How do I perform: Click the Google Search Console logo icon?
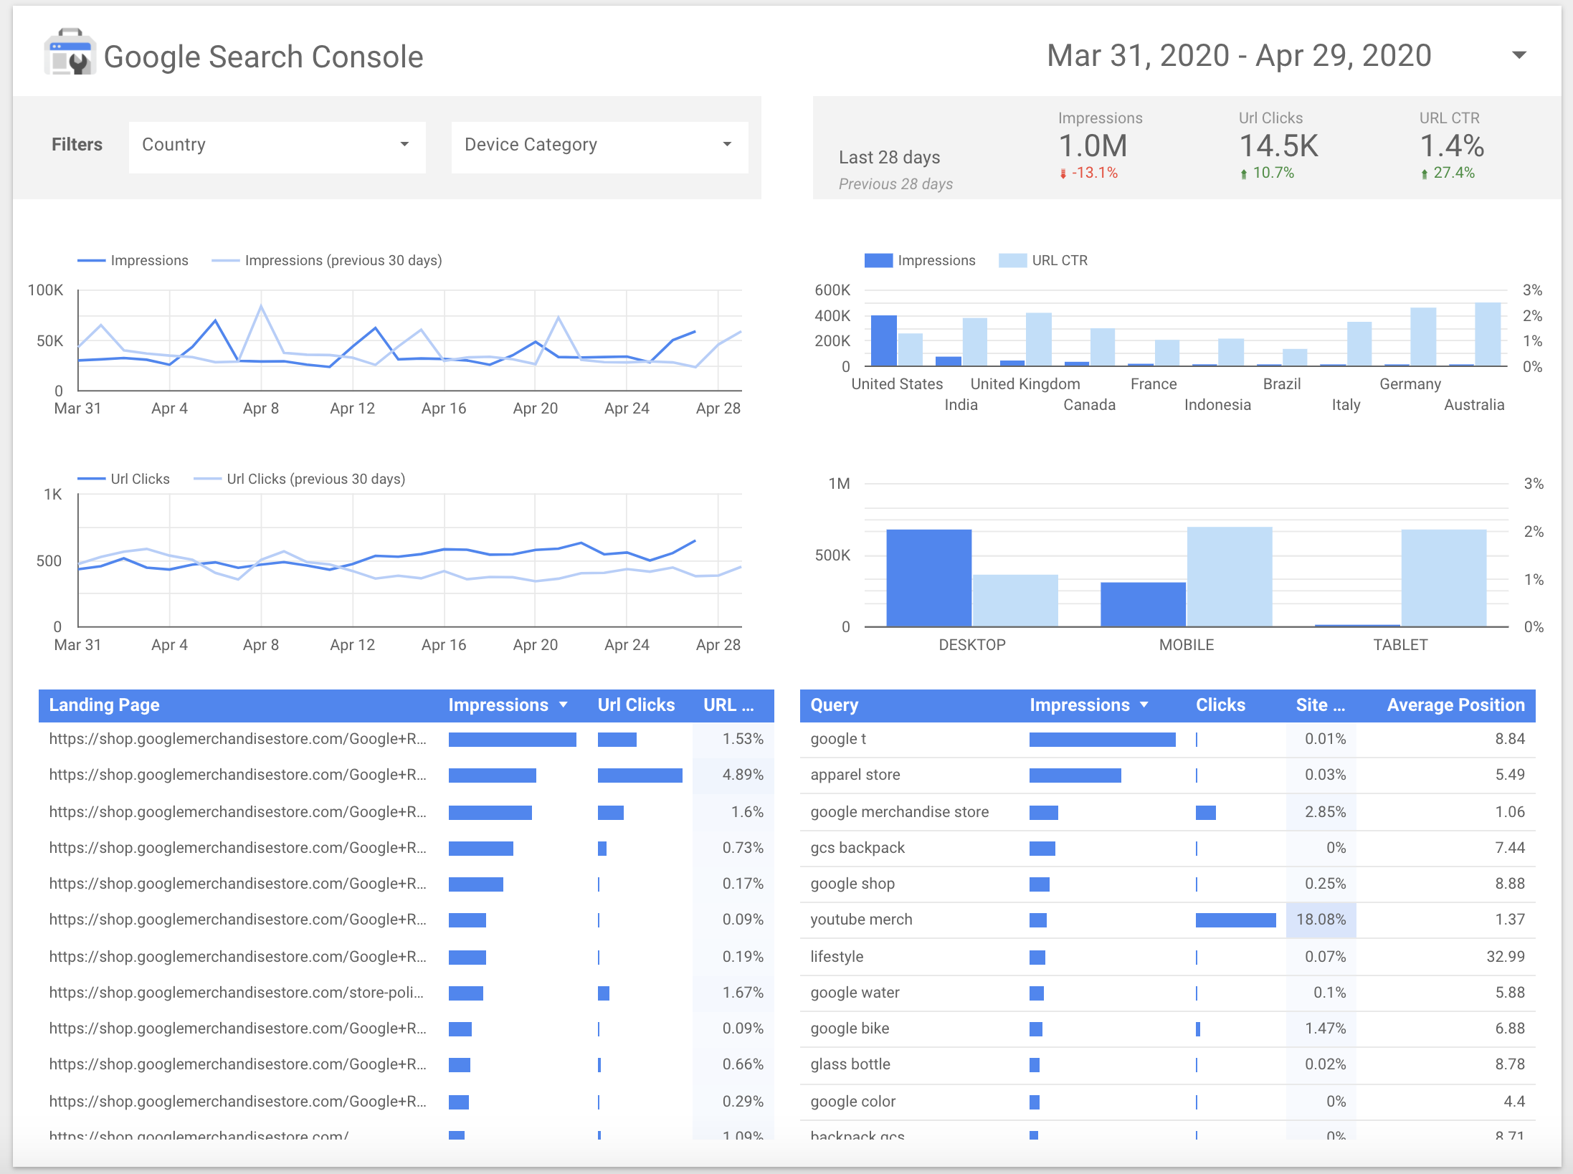(70, 53)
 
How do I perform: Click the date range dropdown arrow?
(1518, 55)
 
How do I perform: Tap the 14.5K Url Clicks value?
(1278, 146)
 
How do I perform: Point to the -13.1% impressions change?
(1094, 173)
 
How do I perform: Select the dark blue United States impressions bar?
(883, 340)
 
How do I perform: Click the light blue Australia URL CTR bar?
(1487, 334)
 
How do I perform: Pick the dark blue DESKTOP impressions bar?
(928, 578)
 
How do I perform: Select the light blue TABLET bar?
(1443, 578)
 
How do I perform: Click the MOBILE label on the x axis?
(1186, 644)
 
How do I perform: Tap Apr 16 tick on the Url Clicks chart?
(443, 644)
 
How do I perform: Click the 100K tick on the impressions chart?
(45, 290)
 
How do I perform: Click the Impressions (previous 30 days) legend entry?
(343, 260)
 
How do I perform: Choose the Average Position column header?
(1455, 705)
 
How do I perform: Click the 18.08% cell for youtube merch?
(1321, 920)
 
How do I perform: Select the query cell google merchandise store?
(899, 812)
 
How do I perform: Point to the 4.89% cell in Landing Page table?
(742, 775)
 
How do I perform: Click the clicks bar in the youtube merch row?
(1235, 920)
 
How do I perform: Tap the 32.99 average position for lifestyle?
(1505, 957)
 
